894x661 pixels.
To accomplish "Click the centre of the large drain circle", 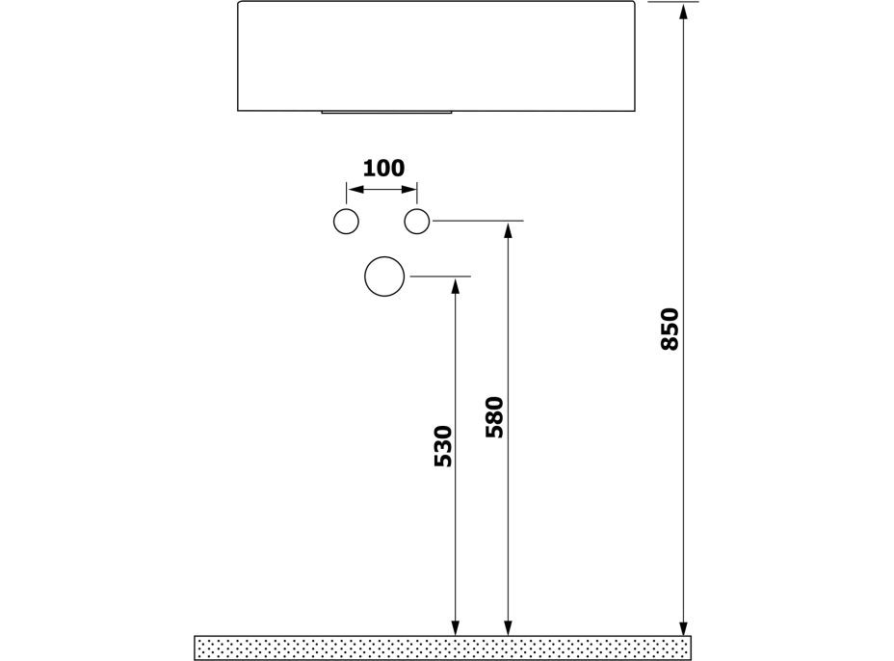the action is pyautogui.click(x=384, y=277).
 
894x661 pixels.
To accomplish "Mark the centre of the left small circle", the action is pyautogui.click(x=346, y=222).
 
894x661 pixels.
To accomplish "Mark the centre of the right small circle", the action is pyautogui.click(x=417, y=222).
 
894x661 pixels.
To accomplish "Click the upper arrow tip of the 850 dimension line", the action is pyautogui.click(x=684, y=2).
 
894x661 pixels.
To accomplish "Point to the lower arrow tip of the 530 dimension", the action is pyautogui.click(x=455, y=635).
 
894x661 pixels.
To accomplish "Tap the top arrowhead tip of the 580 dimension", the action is pyautogui.click(x=508, y=224).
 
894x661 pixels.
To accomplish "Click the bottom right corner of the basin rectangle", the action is pyautogui.click(x=635, y=111).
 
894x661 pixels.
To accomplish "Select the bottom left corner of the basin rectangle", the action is pyautogui.click(x=238, y=111).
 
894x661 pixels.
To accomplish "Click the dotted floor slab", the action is pyautogui.click(x=442, y=648).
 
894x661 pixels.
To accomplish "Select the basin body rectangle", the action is pyautogui.click(x=436, y=56).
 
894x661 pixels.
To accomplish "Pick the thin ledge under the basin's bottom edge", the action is pyautogui.click(x=386, y=113).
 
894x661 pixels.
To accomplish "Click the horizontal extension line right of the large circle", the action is pyautogui.click(x=440, y=277).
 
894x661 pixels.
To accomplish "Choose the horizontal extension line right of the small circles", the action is pyautogui.click(x=479, y=220).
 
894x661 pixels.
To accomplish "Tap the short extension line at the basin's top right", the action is pyautogui.click(x=673, y=2).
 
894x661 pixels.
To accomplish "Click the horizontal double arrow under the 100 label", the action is pyautogui.click(x=381, y=190).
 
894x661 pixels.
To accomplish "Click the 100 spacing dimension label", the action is pyautogui.click(x=383, y=169).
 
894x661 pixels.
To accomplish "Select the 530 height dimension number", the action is pyautogui.click(x=443, y=446).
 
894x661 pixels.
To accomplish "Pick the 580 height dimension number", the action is pyautogui.click(x=494, y=417).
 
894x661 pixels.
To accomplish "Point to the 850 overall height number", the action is pyautogui.click(x=670, y=330).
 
